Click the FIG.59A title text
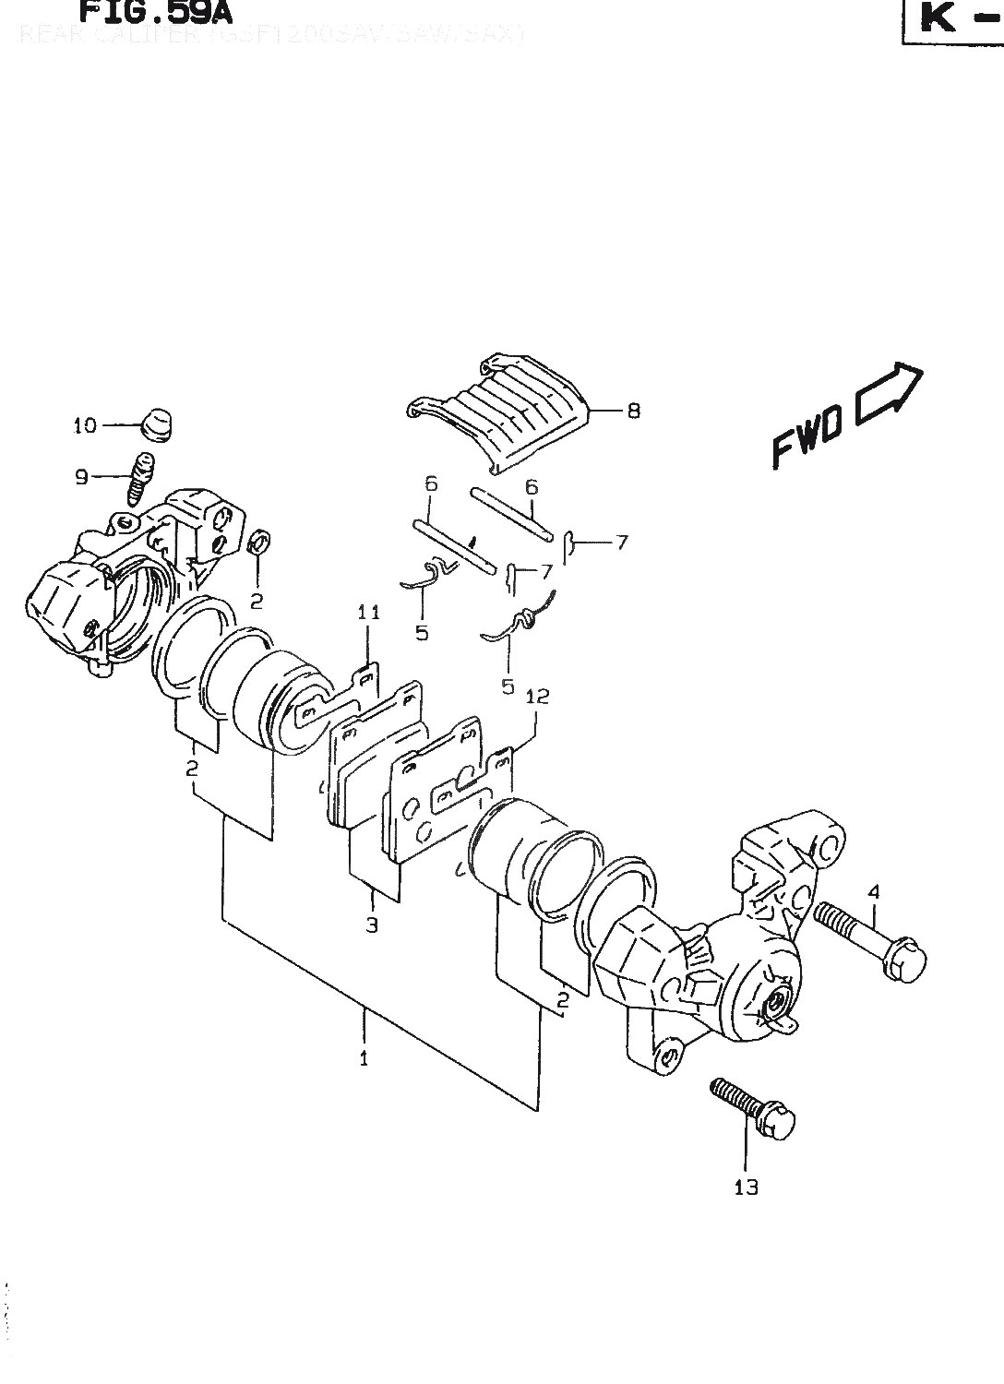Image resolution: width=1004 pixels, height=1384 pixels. click(x=154, y=12)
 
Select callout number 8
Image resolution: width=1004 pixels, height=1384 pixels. click(x=633, y=411)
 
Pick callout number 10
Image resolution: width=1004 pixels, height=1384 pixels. click(x=85, y=425)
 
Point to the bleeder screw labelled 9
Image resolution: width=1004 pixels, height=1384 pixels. click(x=139, y=478)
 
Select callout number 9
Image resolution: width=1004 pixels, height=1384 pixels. click(x=81, y=477)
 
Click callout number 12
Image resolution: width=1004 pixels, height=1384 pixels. click(x=537, y=697)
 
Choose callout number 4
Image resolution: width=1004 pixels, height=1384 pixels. click(x=873, y=891)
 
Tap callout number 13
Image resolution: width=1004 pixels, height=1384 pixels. click(x=746, y=1187)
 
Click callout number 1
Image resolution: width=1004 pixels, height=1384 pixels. click(x=364, y=1058)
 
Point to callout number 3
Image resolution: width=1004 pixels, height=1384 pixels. click(x=371, y=925)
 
